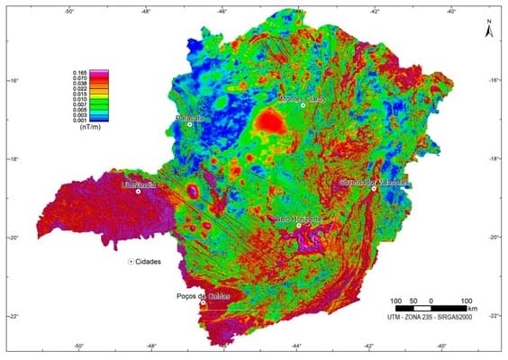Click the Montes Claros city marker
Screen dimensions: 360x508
tap(303, 105)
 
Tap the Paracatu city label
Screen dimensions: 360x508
tap(190, 117)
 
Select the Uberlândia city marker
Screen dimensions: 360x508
tap(138, 191)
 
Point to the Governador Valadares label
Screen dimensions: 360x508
tap(375, 181)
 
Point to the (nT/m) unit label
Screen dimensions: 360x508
tap(91, 129)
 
